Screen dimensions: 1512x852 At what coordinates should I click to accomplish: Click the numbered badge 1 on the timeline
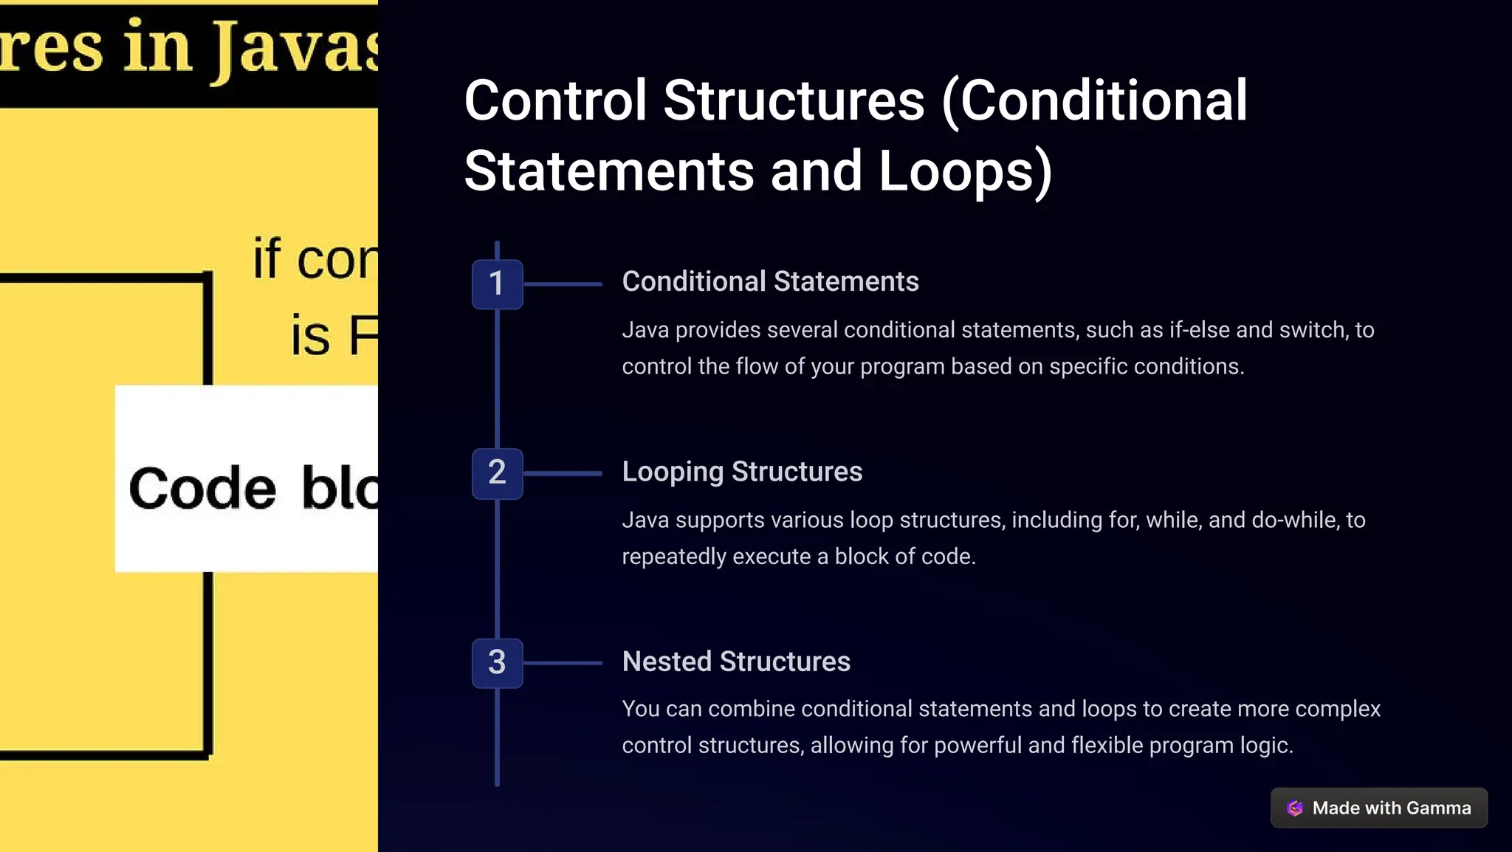(x=497, y=284)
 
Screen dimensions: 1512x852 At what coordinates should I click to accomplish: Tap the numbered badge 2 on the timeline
(x=497, y=473)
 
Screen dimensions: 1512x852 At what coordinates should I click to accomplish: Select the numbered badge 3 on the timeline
(x=497, y=663)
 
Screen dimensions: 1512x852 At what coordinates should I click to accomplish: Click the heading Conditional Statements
(x=770, y=281)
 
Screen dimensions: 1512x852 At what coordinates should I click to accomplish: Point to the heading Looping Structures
(x=742, y=472)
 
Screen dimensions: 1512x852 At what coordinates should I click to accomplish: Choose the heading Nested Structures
(x=736, y=662)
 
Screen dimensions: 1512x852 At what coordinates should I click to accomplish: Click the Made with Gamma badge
(x=1378, y=808)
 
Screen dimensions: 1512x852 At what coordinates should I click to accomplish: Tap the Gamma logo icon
(x=1295, y=808)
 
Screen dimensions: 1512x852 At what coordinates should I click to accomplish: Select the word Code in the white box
(x=202, y=489)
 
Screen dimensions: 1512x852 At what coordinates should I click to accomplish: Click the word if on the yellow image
(x=267, y=258)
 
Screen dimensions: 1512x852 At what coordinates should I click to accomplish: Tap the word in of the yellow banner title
(x=157, y=47)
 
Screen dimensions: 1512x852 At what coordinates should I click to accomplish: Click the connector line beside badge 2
(x=563, y=473)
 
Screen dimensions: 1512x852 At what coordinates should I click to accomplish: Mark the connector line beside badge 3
(x=563, y=663)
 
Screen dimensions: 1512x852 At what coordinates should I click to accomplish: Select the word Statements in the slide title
(x=608, y=171)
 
